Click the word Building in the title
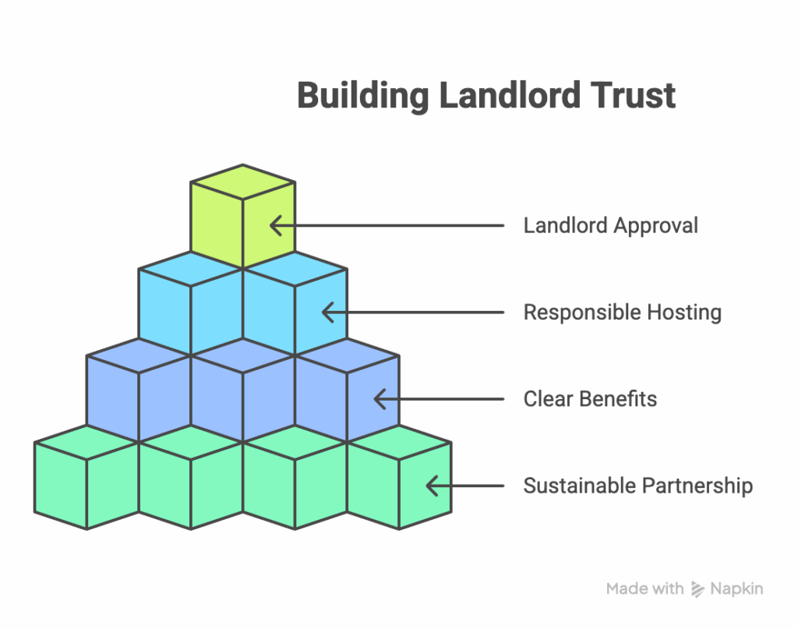click(363, 97)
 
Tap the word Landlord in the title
click(510, 95)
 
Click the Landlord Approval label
click(611, 225)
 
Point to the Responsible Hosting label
click(623, 312)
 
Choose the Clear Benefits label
click(591, 399)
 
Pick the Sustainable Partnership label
click(638, 486)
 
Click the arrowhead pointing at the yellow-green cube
click(276, 225)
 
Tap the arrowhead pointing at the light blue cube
click(328, 313)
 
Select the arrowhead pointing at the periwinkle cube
click(380, 399)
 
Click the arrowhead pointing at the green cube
click(433, 486)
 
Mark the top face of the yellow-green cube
click(243, 182)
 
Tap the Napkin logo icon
click(697, 589)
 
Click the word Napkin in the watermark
click(736, 588)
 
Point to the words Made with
click(644, 588)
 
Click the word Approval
click(655, 226)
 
